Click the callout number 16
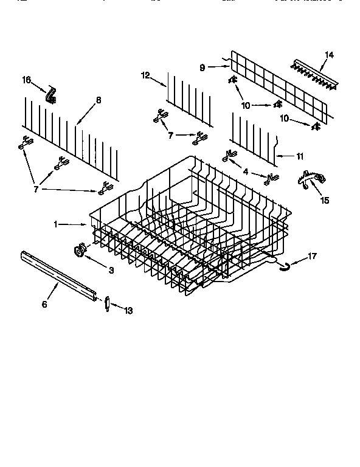coord(26,80)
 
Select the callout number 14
coord(329,55)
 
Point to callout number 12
coord(145,75)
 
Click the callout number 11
coord(300,156)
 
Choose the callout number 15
coord(326,200)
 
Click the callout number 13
coord(126,311)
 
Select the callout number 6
coord(44,304)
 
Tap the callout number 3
coord(111,269)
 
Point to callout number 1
coord(55,224)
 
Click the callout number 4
coord(245,172)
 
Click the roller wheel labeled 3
coord(80,249)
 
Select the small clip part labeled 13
coord(107,304)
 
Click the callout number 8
coord(99,100)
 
